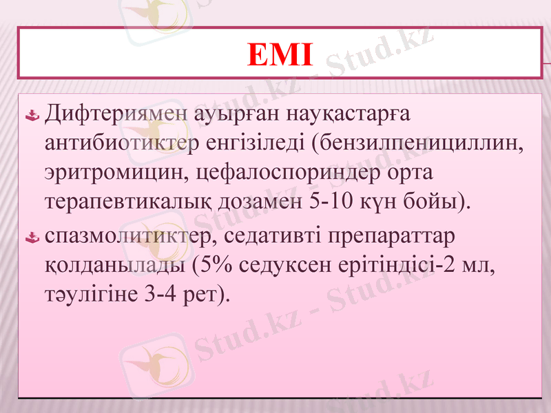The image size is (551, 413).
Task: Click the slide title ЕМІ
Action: coord(279,55)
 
